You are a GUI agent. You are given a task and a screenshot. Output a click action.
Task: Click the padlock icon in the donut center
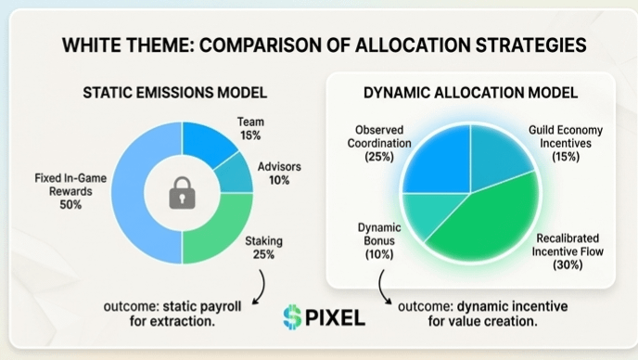pos(182,193)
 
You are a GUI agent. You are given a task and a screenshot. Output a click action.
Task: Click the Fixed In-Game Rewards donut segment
pos(129,193)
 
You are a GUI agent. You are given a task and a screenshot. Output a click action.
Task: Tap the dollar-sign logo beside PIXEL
pos(292,316)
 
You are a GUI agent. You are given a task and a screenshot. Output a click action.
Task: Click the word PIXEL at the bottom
pos(335,317)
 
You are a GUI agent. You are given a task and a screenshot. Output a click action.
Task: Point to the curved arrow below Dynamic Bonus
pos(382,287)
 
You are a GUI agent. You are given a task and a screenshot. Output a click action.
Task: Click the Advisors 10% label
pos(279,174)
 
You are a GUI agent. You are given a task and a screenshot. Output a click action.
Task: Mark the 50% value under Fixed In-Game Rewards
pos(70,204)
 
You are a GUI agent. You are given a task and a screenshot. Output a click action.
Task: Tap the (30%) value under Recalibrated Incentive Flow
pos(568,264)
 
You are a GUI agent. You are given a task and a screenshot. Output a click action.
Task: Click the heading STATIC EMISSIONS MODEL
pos(175,93)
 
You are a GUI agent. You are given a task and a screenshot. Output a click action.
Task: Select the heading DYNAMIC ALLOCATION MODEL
pos(471,93)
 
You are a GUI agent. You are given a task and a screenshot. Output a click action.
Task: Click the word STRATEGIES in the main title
pos(530,45)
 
